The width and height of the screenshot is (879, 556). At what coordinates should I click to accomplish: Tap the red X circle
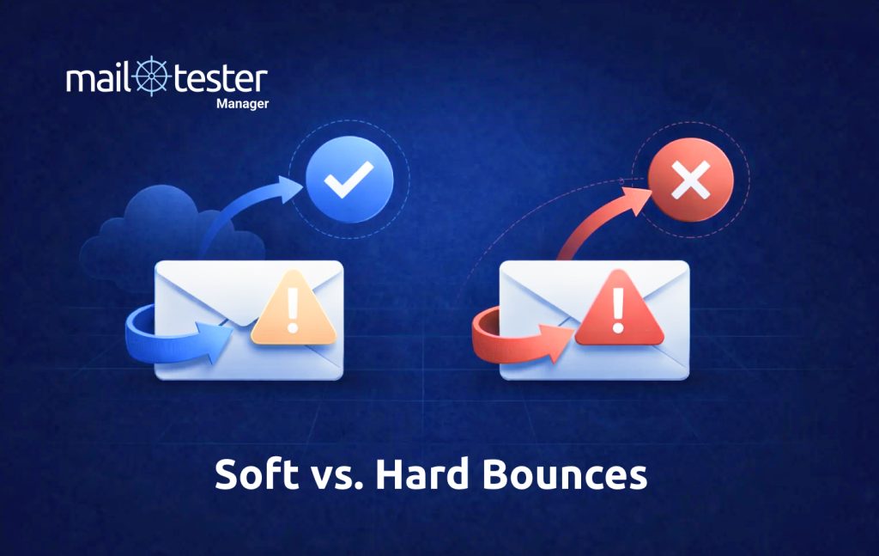click(691, 181)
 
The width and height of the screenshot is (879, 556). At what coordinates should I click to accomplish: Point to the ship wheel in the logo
click(152, 78)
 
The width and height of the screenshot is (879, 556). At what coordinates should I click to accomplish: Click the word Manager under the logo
click(242, 105)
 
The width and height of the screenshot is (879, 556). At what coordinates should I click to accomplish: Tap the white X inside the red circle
click(691, 181)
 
